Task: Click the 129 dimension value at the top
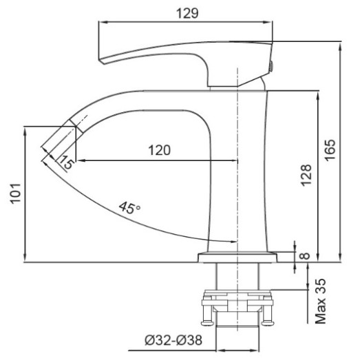point(186,13)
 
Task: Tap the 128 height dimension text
point(306,175)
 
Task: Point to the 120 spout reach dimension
point(158,149)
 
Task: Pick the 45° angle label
point(129,208)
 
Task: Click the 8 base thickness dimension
point(306,256)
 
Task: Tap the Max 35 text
point(321,301)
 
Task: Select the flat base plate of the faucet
point(237,257)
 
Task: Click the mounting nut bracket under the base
point(237,300)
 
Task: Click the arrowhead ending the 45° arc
point(233,241)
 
